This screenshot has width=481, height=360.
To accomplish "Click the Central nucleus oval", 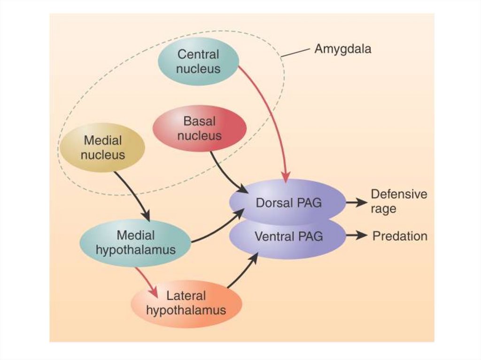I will point(198,61).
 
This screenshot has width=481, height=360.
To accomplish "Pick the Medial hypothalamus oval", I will point(135,242).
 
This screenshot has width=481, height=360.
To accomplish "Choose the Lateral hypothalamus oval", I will point(186,303).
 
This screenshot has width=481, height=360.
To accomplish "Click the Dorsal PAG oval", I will point(287,202).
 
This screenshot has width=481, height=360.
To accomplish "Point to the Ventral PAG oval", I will point(288,237).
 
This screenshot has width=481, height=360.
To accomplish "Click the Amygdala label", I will point(342,49).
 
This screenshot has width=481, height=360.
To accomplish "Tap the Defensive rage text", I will point(399,201).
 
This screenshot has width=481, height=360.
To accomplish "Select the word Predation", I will point(400,236).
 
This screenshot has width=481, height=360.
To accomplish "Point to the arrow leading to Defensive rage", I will point(357,202).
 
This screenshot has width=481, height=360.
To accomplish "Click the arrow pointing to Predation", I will point(357,236).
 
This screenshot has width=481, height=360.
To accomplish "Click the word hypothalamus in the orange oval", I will point(186,310).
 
